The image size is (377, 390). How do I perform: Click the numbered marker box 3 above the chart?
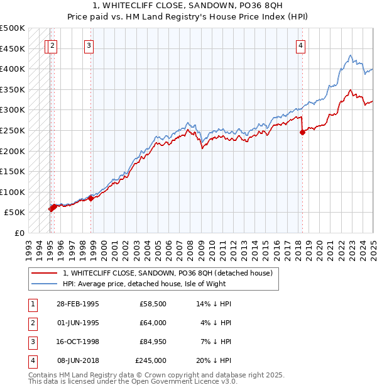[x=89, y=45]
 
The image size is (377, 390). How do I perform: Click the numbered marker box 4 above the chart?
[x=301, y=45]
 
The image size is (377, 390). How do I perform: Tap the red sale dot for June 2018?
[x=302, y=132]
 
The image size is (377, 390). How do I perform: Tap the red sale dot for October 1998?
[x=90, y=198]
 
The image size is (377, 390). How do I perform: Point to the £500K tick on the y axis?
[x=13, y=28]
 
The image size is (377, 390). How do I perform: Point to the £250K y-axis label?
[x=13, y=130]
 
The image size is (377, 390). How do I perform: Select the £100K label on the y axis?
[x=13, y=192]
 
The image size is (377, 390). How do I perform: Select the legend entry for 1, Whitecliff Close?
[x=167, y=273]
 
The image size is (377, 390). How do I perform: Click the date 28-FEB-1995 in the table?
[x=77, y=304]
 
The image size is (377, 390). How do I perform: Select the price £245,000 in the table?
[x=151, y=360]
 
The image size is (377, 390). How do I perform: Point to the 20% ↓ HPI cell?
[x=214, y=360]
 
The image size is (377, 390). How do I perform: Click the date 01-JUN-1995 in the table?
[x=77, y=323]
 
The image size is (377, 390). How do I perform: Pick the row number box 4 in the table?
[x=32, y=360]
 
